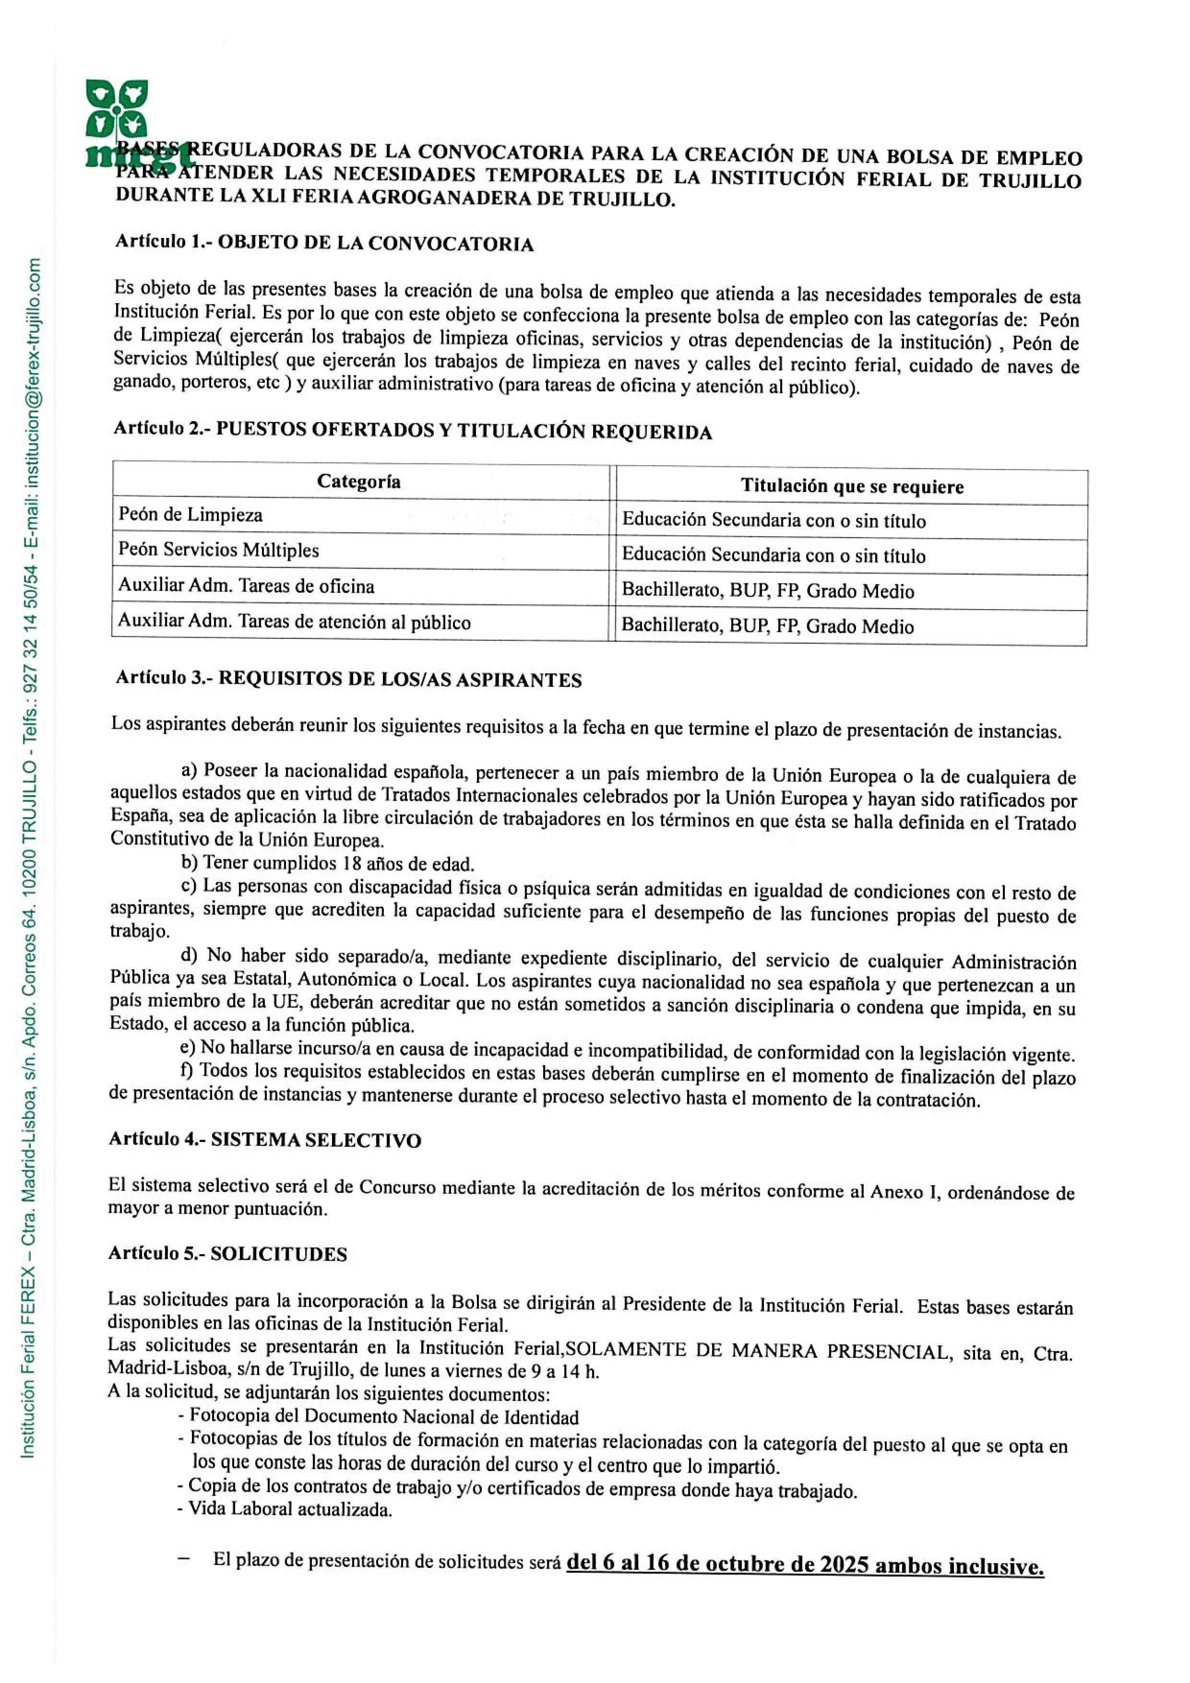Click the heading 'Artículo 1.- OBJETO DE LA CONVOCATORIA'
point(324,243)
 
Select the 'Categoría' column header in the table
point(358,482)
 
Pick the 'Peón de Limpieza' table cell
point(190,515)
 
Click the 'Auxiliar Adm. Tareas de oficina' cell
point(246,586)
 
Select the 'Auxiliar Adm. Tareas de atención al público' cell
point(294,622)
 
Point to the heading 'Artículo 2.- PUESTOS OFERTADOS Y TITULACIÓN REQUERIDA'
point(412,430)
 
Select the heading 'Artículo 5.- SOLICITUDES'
point(227,1253)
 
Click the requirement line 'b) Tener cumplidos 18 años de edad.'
point(328,863)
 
